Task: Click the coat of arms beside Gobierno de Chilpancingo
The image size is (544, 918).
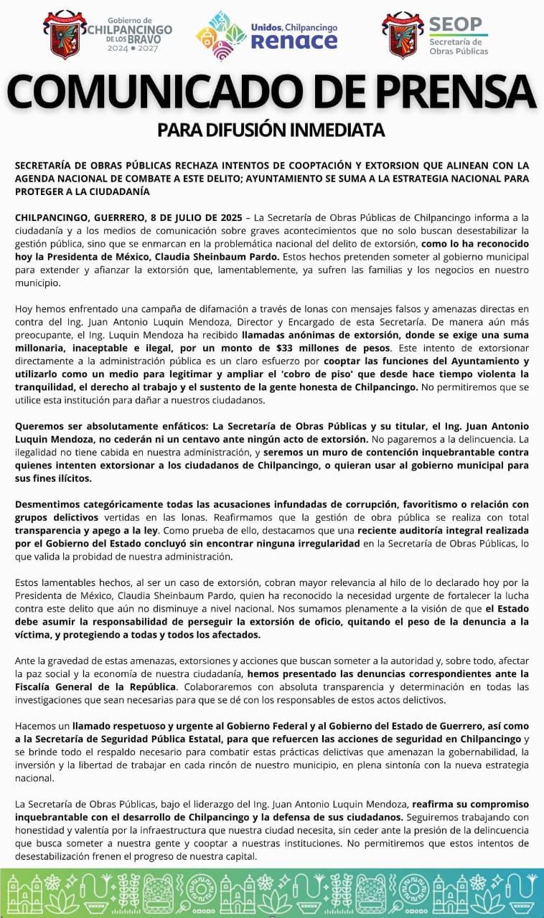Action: click(x=65, y=34)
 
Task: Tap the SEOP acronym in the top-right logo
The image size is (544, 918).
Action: click(x=456, y=25)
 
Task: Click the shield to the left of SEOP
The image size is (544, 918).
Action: click(x=403, y=34)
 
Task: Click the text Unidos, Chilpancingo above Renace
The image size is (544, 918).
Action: click(x=294, y=27)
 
